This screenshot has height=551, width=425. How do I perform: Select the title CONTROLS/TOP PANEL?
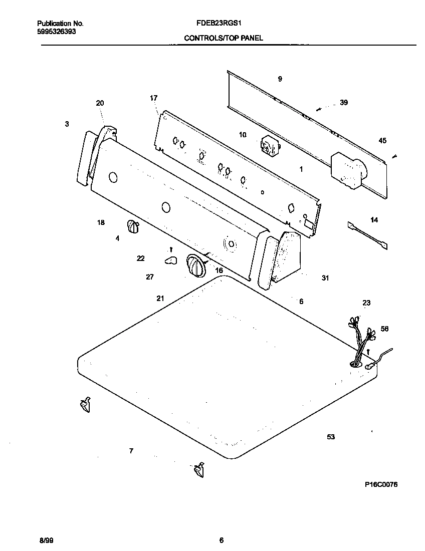pos(223,38)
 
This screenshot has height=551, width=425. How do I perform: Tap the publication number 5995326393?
pos(57,31)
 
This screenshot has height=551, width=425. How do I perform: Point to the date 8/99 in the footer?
pos(45,540)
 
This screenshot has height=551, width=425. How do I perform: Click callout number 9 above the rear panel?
pos(280,79)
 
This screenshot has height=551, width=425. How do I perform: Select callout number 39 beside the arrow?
pos(343,103)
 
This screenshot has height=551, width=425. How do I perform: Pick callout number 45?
pos(382,141)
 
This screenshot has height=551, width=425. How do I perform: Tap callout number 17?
pos(154,98)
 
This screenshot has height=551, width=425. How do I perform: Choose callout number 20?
pos(100,103)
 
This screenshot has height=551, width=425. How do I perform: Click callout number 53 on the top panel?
pos(331,437)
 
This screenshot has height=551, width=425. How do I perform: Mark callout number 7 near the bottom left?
pos(131,451)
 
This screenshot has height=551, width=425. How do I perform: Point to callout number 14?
pos(374,220)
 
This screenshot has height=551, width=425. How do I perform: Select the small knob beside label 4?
pos(133,227)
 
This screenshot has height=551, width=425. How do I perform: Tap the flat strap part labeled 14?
pos(368,235)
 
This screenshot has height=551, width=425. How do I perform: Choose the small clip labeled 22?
pos(171,259)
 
